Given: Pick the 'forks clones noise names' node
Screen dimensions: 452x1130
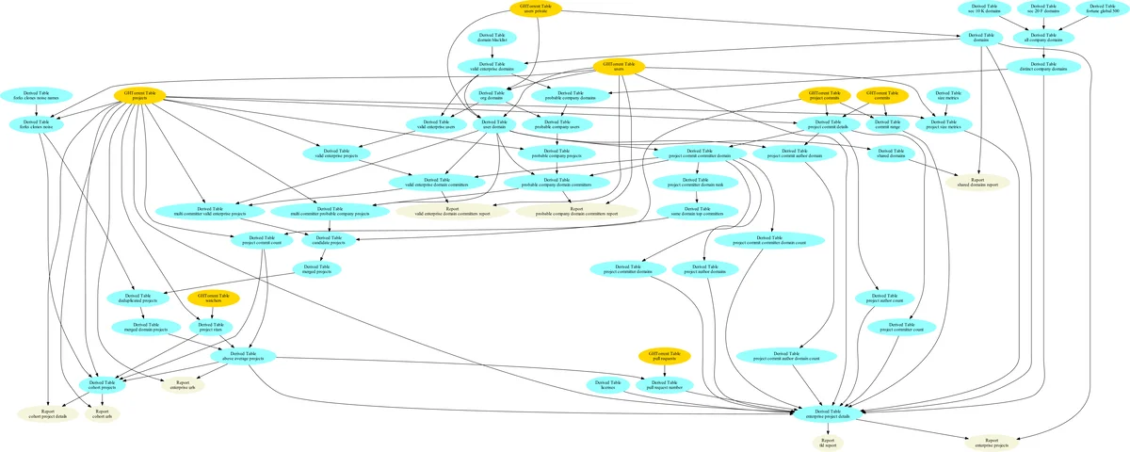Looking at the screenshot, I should coord(36,95).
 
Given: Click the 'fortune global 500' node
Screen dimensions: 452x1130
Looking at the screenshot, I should coord(1107,8).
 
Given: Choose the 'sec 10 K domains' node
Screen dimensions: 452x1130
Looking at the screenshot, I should coord(985,8).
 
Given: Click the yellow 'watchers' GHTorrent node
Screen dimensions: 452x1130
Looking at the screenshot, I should coord(213,298).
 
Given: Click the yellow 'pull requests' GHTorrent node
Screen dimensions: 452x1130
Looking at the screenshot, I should coord(663,356).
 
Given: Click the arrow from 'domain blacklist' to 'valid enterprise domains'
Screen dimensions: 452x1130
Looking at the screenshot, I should coord(486,53).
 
